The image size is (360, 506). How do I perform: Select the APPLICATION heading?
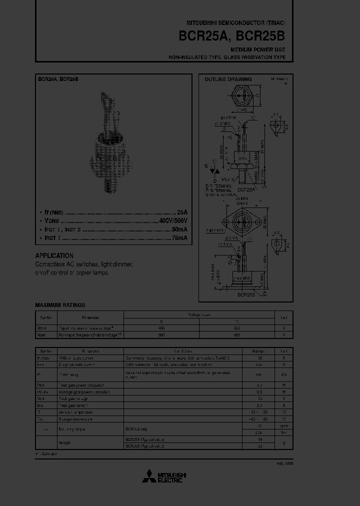pyautogui.click(x=54, y=255)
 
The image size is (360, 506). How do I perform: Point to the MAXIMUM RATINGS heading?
pyautogui.click(x=60, y=305)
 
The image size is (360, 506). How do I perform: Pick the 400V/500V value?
pyautogui.click(x=173, y=220)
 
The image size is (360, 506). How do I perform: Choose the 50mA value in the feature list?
pyautogui.click(x=178, y=229)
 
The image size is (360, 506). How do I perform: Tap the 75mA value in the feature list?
pyautogui.click(x=178, y=238)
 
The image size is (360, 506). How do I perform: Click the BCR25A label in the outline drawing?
pyautogui.click(x=246, y=190)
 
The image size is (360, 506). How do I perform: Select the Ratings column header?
pyautogui.click(x=259, y=351)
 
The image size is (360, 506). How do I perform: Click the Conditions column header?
pyautogui.click(x=182, y=351)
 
